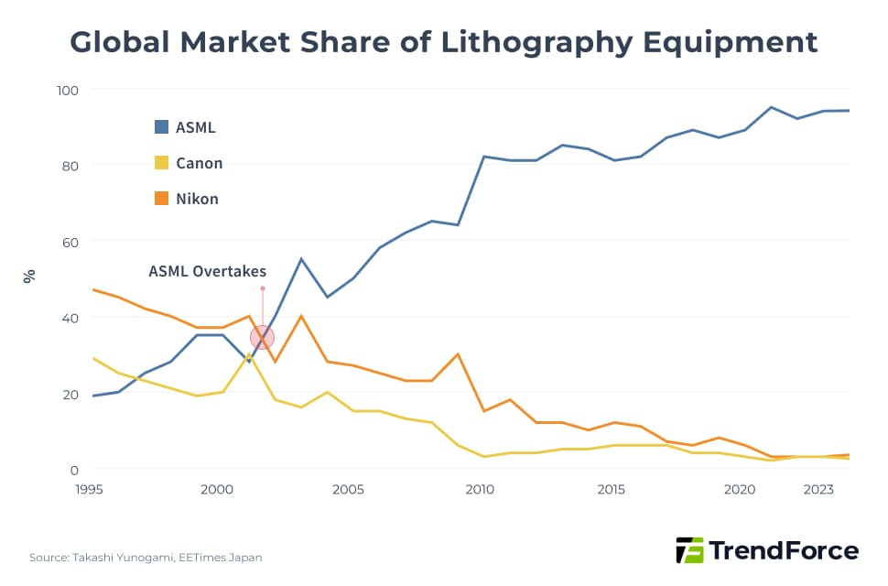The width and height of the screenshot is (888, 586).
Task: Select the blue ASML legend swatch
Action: [162, 127]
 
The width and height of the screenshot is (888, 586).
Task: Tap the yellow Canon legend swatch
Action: [162, 163]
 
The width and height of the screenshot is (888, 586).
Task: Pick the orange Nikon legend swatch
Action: [162, 199]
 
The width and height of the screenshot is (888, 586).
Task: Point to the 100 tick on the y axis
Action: [69, 90]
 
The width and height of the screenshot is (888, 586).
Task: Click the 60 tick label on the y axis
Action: [71, 242]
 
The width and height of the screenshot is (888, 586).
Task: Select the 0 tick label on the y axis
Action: [76, 470]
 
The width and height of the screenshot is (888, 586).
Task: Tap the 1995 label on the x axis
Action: [89, 490]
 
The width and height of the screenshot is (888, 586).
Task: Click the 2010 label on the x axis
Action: [480, 490]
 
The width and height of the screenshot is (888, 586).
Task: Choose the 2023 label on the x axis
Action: [818, 490]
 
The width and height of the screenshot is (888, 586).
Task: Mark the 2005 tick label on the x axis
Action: [349, 490]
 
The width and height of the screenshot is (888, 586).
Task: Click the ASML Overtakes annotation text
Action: [207, 271]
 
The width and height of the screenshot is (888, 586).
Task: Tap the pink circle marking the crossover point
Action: [263, 337]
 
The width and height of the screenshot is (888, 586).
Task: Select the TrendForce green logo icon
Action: [689, 550]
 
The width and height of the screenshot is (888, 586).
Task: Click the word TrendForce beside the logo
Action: [785, 550]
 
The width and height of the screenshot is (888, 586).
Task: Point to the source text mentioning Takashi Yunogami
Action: [146, 557]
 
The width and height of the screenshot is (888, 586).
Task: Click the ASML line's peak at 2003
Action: [301, 259]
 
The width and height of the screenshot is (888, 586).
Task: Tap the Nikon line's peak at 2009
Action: [458, 354]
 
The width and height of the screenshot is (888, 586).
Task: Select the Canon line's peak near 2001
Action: [249, 354]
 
